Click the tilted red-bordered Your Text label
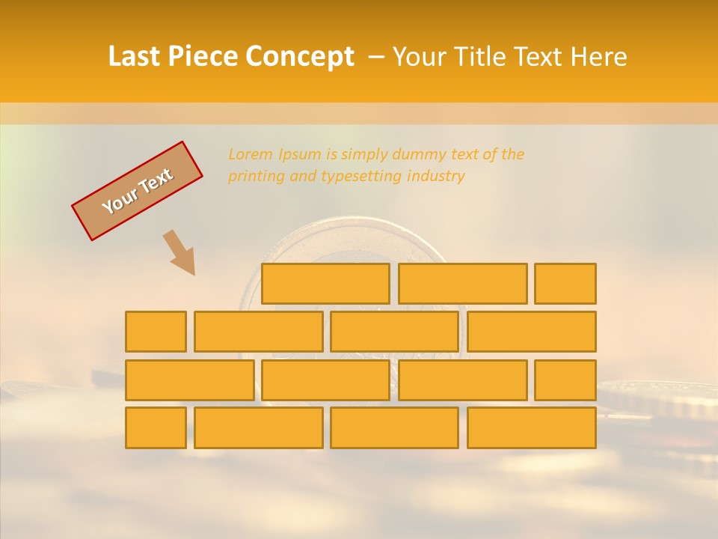(x=137, y=191)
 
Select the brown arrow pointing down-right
(x=180, y=253)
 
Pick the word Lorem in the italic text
(x=250, y=155)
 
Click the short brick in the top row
(x=565, y=284)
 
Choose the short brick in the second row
(x=156, y=332)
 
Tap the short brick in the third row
(x=565, y=380)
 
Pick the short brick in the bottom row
(x=156, y=427)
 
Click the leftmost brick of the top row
(x=325, y=284)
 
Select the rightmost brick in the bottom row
(x=532, y=427)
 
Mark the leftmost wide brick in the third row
(x=189, y=380)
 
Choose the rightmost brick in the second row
(x=532, y=332)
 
